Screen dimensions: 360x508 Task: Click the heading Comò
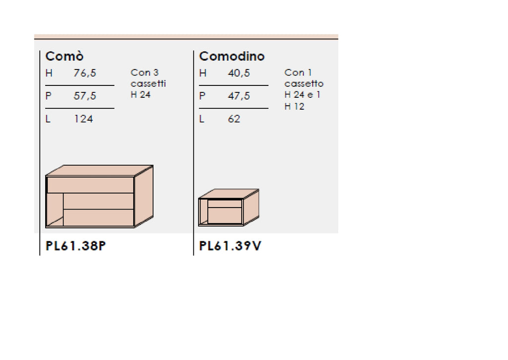pyautogui.click(x=64, y=56)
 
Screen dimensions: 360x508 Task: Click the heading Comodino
pyautogui.click(x=232, y=56)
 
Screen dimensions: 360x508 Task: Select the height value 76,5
pyautogui.click(x=85, y=73)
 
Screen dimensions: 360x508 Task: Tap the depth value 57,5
pyautogui.click(x=85, y=96)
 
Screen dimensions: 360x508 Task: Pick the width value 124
pyautogui.click(x=83, y=119)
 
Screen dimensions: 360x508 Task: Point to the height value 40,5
pyautogui.click(x=239, y=73)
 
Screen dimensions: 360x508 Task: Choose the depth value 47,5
pyautogui.click(x=239, y=96)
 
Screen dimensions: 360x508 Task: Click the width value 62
pyautogui.click(x=234, y=119)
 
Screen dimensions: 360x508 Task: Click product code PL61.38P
pyautogui.click(x=75, y=246)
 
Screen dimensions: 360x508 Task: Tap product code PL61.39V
pyautogui.click(x=230, y=246)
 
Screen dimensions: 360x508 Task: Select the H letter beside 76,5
pyautogui.click(x=49, y=73)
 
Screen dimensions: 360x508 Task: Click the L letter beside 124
pyautogui.click(x=48, y=119)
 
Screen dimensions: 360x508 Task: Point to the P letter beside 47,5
pyautogui.click(x=202, y=96)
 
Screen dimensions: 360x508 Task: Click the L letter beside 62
pyautogui.click(x=202, y=119)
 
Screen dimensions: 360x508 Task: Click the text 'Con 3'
pyautogui.click(x=144, y=73)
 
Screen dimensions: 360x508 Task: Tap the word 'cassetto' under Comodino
pyautogui.click(x=304, y=84)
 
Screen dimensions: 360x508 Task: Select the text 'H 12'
pyautogui.click(x=294, y=106)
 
